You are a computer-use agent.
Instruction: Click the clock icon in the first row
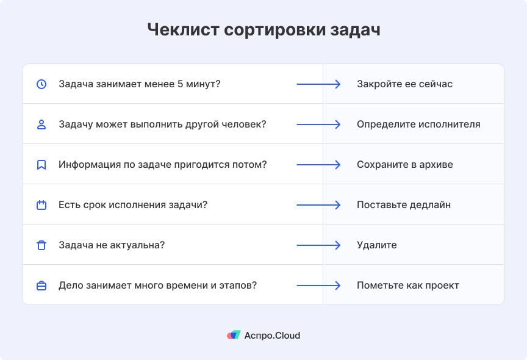[x=41, y=84]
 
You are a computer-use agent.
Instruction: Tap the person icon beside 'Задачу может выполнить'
[x=41, y=124]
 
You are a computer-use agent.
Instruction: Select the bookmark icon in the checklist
[x=41, y=165]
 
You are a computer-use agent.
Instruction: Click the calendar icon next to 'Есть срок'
[x=41, y=205]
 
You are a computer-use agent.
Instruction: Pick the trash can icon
[x=41, y=245]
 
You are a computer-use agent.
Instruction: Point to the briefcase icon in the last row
[x=41, y=286]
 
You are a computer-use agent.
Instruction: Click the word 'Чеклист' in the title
[x=183, y=29]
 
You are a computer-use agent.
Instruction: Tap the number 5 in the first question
[x=180, y=84]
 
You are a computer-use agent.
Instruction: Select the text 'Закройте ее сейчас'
[x=404, y=84]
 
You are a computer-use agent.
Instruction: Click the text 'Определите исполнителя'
[x=418, y=124]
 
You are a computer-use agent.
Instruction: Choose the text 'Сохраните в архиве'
[x=404, y=165]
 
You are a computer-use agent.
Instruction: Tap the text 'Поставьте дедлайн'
[x=404, y=205]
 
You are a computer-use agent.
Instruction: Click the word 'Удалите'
[x=377, y=245]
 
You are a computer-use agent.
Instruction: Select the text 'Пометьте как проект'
[x=407, y=286]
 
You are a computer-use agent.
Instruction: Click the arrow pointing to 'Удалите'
[x=318, y=245]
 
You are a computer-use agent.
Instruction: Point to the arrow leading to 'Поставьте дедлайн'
[x=318, y=205]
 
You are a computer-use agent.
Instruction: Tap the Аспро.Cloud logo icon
[x=234, y=335]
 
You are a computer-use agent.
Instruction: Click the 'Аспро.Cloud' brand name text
[x=272, y=336]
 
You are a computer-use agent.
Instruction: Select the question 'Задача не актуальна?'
[x=112, y=245]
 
